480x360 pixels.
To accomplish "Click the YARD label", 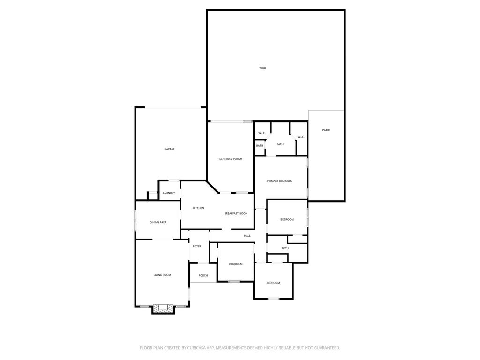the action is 262,68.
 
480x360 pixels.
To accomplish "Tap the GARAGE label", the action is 169,149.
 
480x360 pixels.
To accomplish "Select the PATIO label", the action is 326,130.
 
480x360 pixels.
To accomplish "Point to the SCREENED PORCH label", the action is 231,159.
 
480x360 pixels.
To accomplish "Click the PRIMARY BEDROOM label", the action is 279,181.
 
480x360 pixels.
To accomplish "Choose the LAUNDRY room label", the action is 169,193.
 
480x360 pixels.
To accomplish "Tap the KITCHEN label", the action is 198,208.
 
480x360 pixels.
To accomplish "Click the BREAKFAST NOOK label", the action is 236,213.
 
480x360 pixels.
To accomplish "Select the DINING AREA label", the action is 158,222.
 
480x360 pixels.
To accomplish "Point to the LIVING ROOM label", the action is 162,275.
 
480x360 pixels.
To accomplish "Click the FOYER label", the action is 197,246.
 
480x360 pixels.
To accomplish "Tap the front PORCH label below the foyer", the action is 203,276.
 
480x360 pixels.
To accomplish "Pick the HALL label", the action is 247,236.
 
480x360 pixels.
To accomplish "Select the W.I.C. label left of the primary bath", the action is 262,133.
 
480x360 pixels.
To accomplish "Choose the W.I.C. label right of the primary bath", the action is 301,137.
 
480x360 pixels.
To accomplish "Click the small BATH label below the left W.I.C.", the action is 260,146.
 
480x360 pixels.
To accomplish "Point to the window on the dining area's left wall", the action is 135,220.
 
